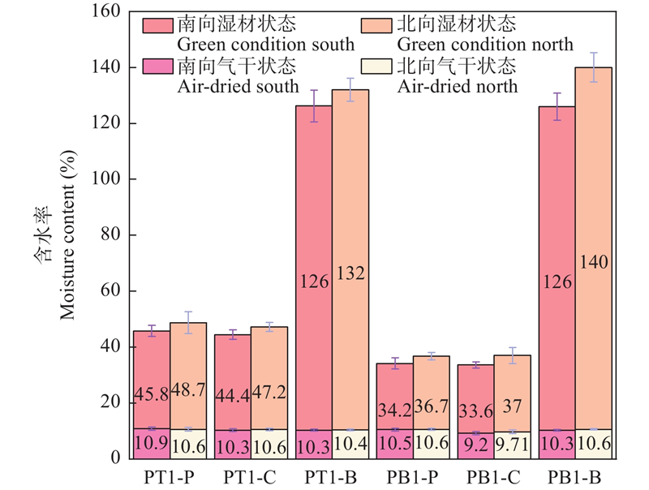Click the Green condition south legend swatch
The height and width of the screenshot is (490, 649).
click(157, 24)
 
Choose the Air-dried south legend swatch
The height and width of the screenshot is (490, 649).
click(157, 66)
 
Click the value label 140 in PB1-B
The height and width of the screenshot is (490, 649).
click(594, 262)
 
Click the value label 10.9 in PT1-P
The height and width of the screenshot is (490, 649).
click(152, 445)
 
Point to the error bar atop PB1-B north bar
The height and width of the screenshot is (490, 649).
click(594, 67)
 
